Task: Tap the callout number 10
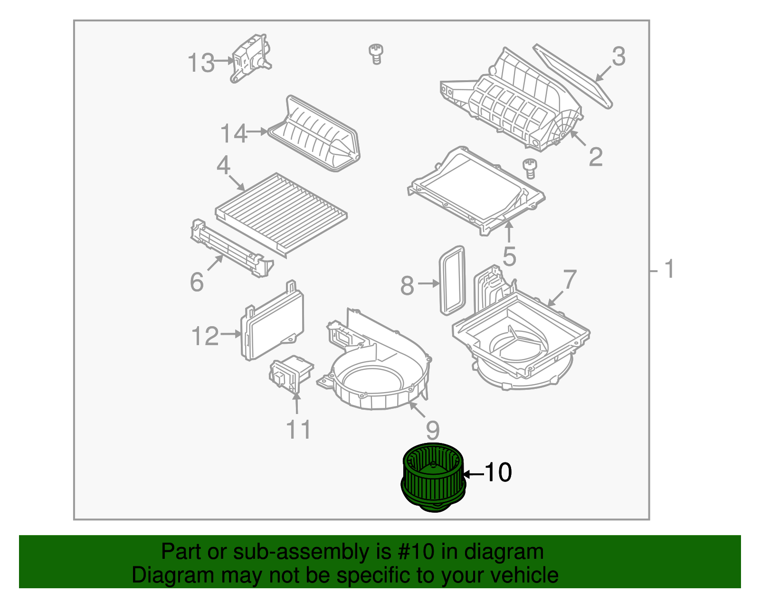[x=498, y=472]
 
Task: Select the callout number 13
[x=201, y=63]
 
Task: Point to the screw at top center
[x=376, y=53]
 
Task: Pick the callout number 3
[x=618, y=56]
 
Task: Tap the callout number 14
[x=234, y=133]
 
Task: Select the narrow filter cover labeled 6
[x=231, y=249]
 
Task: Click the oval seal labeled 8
[x=452, y=281]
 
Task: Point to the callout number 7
[x=570, y=280]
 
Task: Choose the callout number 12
[x=205, y=336]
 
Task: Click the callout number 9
[x=433, y=430]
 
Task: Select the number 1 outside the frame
[x=669, y=269]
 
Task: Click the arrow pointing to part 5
[x=509, y=233]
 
